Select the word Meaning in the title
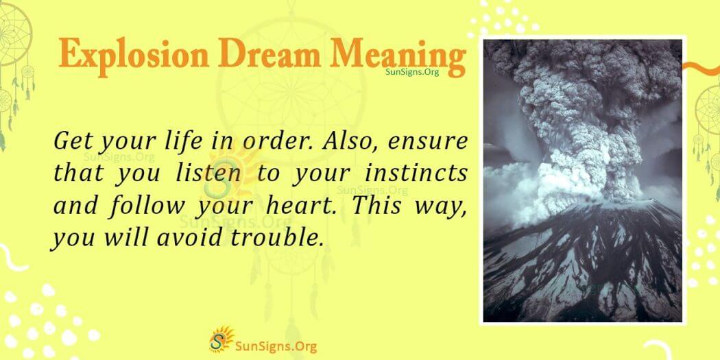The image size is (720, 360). [402, 55]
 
